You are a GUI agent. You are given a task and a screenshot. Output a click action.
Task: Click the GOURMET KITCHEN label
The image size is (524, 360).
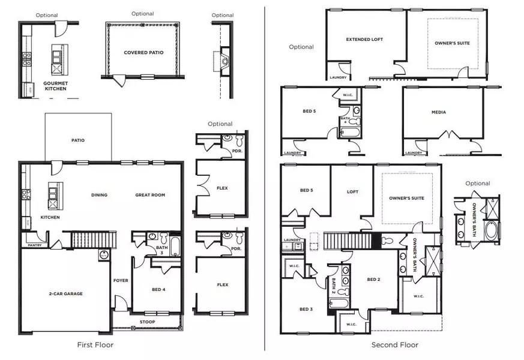click(x=55, y=86)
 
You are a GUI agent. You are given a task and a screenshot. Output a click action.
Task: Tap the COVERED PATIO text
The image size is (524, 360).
click(x=143, y=53)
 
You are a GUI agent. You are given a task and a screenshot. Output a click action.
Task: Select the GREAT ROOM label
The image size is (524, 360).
click(x=149, y=195)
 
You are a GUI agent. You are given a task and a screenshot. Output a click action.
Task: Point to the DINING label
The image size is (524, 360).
click(x=99, y=195)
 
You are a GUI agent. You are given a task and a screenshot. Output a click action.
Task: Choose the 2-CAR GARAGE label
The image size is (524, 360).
click(x=65, y=293)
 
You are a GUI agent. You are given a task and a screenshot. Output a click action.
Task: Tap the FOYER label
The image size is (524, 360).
click(x=121, y=280)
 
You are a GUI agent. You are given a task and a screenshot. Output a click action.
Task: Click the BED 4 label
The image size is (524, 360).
click(x=158, y=290)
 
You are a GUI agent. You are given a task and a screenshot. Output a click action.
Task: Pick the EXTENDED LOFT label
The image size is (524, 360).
click(x=364, y=40)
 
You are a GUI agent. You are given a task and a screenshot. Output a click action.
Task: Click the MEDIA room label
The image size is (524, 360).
click(x=438, y=112)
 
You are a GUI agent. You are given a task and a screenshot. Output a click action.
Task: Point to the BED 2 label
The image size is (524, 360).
click(x=373, y=280)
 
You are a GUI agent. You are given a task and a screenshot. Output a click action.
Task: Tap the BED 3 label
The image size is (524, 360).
click(x=306, y=309)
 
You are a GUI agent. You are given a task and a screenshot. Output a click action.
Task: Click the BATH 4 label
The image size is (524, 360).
click(x=345, y=120)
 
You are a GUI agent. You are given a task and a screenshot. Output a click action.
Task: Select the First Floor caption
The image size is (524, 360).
click(x=95, y=345)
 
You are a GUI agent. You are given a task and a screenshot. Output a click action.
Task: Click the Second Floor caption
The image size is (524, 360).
click(x=394, y=345)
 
